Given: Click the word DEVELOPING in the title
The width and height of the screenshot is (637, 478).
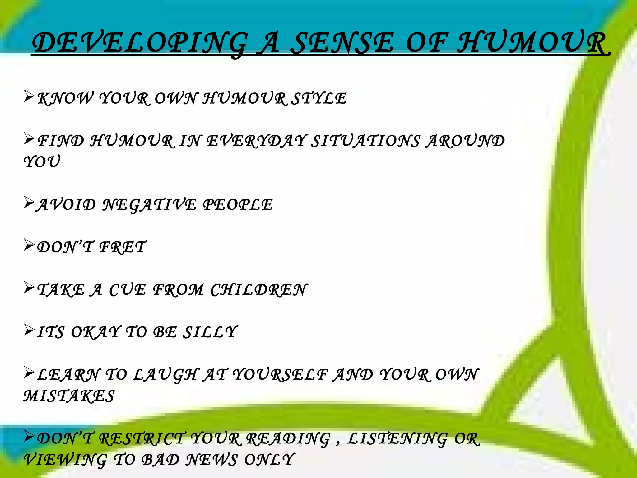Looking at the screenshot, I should (x=140, y=44).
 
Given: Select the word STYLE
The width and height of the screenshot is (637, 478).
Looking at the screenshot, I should (x=320, y=99).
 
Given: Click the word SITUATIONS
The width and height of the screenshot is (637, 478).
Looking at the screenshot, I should (x=366, y=141).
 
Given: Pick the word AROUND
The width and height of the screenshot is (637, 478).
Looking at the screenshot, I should (x=466, y=141).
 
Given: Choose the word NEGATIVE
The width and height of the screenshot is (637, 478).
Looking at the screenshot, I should (x=150, y=205).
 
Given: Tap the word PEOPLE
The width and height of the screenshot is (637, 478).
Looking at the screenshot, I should (x=238, y=205).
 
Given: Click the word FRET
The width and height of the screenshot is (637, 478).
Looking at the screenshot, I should (x=123, y=247).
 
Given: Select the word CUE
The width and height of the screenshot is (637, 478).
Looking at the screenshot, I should (x=128, y=290).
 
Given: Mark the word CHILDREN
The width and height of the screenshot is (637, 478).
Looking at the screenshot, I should (x=258, y=290).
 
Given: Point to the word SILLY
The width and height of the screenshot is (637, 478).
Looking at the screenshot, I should (x=210, y=332).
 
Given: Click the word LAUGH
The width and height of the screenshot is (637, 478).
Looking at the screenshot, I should (x=166, y=375).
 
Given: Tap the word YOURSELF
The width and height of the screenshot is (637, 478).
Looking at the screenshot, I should (x=280, y=375).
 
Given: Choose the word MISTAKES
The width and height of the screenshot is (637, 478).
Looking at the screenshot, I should (x=69, y=396).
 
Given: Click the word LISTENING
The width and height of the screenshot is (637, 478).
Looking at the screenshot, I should (x=397, y=439).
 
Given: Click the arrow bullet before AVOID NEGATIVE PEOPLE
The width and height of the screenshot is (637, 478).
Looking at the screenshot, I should (x=29, y=203).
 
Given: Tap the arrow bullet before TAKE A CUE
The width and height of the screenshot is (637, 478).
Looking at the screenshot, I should (x=29, y=288).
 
